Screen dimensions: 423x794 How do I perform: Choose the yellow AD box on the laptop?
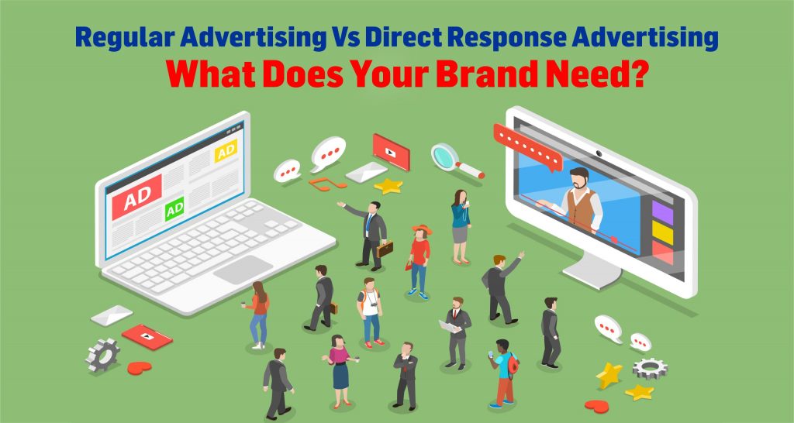click(x=226, y=153)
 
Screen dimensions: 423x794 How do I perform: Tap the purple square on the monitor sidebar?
click(x=662, y=210)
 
